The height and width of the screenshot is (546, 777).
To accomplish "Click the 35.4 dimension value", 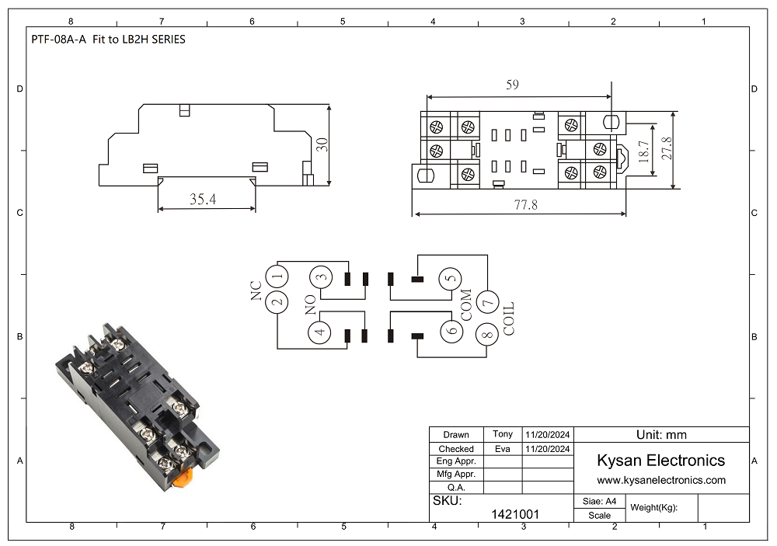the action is (203, 199).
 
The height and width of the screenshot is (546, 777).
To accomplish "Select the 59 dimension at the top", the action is (512, 85).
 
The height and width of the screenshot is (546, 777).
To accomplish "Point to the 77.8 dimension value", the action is (525, 204).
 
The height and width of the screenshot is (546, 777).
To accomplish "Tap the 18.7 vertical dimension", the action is (643, 151).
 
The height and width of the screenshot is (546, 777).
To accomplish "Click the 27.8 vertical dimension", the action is (667, 148).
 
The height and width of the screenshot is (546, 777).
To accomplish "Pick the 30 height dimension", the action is (322, 144).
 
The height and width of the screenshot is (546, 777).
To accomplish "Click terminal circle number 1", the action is (277, 276).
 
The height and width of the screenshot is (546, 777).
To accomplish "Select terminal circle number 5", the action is (451, 279).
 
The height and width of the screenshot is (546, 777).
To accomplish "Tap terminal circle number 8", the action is (488, 335).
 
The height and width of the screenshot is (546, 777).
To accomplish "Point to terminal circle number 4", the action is (320, 332).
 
